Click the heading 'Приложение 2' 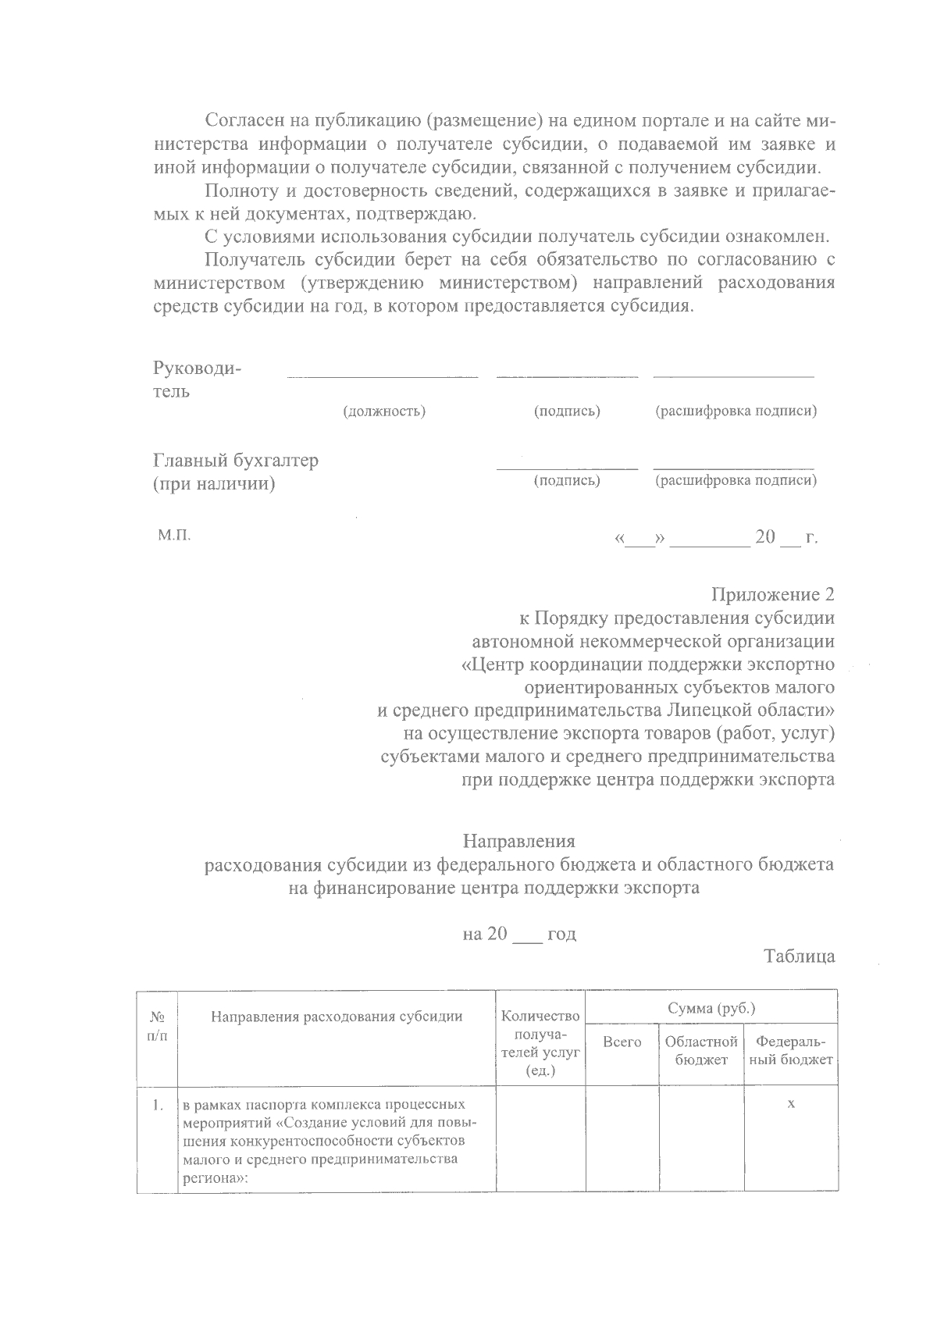coord(772,595)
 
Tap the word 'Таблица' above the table coord(800,956)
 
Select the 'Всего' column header coord(622,1042)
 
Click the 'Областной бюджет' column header coord(701,1051)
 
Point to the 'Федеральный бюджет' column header coord(790,1051)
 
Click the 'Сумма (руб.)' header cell coord(711,1008)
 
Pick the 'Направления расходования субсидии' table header coord(337,1017)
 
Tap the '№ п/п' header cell coord(157,1026)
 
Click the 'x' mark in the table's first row coord(791,1104)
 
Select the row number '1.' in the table coord(158,1106)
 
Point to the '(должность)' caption coord(384,411)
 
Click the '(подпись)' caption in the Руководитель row coord(567,411)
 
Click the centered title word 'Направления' coord(518,842)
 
